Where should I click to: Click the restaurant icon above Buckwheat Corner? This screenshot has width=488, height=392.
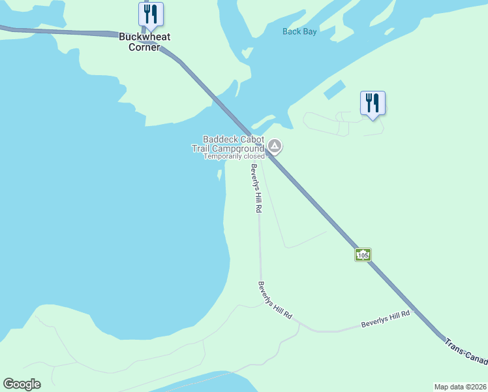click(x=151, y=14)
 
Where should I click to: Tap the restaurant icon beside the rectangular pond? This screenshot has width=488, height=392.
click(x=373, y=103)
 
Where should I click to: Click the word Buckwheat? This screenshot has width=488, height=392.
click(x=145, y=37)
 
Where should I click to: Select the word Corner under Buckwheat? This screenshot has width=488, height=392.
click(x=144, y=47)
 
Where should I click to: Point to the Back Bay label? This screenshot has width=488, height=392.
click(x=299, y=31)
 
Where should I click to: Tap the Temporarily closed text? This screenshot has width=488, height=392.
click(x=234, y=157)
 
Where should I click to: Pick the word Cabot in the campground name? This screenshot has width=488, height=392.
click(x=253, y=139)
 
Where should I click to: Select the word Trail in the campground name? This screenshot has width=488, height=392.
click(x=202, y=148)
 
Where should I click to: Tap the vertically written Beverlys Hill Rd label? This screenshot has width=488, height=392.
click(x=255, y=188)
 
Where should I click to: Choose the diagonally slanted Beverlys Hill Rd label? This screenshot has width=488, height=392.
click(x=275, y=301)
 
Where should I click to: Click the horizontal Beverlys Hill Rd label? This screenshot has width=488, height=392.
click(x=385, y=319)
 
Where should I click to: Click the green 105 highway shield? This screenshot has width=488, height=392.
click(x=363, y=254)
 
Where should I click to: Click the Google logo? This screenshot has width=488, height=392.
click(x=22, y=384)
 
